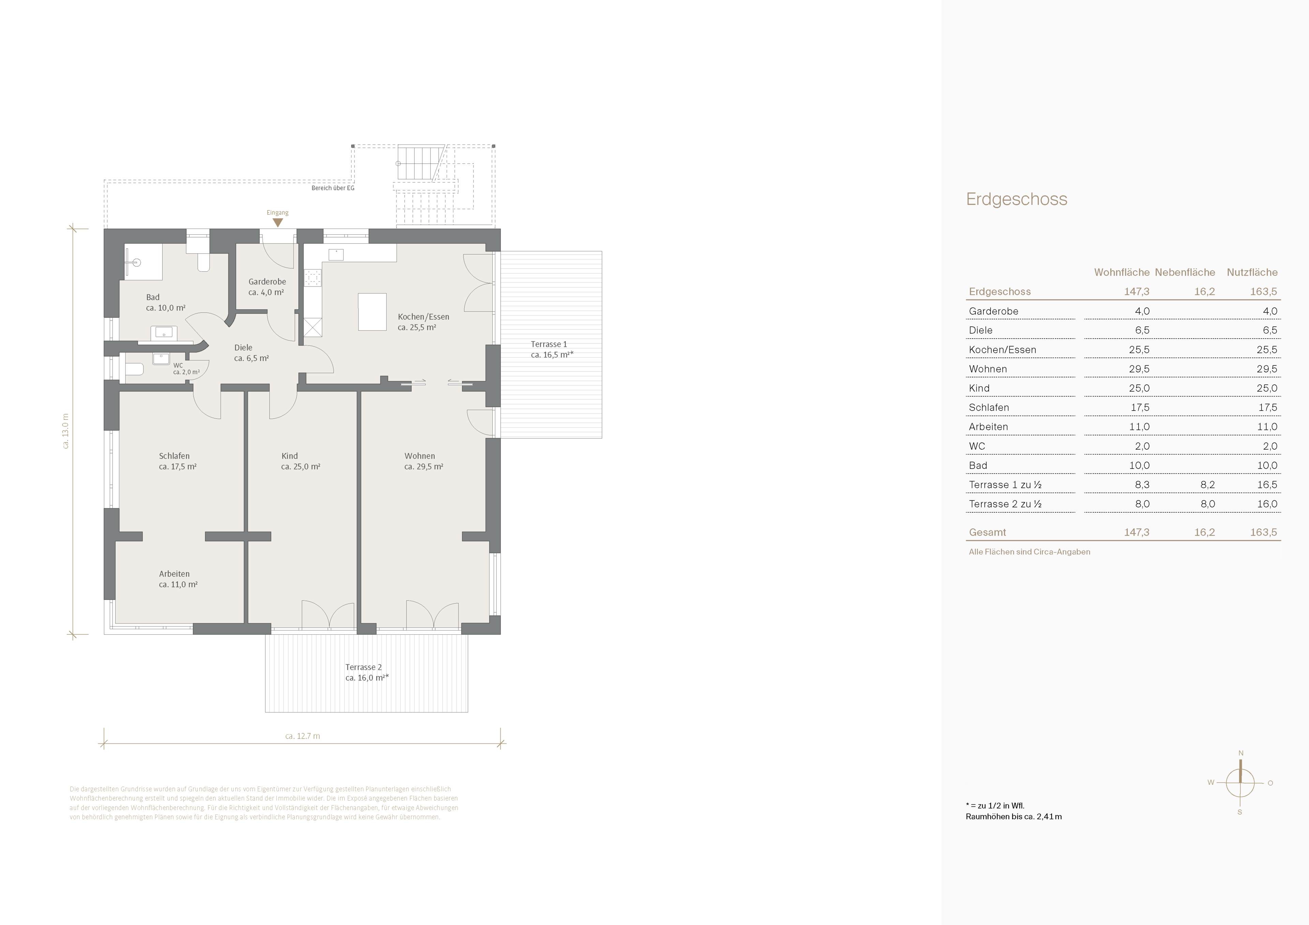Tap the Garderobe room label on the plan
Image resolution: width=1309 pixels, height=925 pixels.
[267, 281]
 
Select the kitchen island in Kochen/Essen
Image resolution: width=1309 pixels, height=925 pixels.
[372, 312]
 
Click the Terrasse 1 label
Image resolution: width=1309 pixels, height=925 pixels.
[548, 344]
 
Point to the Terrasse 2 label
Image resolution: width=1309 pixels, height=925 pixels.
[363, 667]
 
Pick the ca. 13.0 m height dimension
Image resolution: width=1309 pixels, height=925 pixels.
[65, 431]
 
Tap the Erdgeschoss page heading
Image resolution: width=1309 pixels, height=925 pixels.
[1017, 199]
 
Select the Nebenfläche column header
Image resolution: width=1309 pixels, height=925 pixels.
[1185, 273]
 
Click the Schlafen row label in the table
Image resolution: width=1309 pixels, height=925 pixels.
[989, 407]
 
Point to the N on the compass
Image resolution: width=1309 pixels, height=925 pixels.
[1240, 753]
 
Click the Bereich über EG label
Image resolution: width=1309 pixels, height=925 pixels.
[333, 188]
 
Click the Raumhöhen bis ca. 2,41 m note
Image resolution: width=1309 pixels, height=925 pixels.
[1014, 817]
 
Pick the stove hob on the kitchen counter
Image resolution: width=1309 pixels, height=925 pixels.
[312, 278]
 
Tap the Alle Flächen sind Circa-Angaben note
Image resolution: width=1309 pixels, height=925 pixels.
[1029, 552]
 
